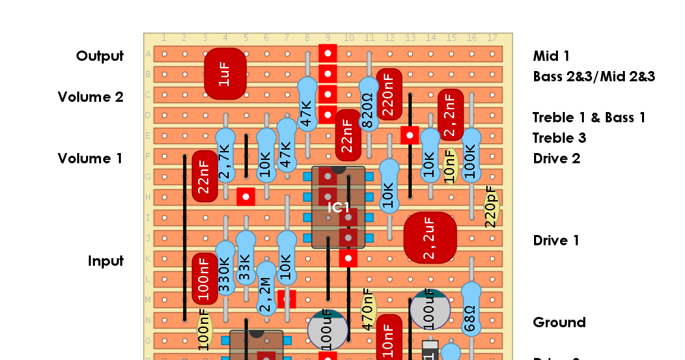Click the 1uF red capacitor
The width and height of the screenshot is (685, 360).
[225, 73]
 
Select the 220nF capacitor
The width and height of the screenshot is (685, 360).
[389, 94]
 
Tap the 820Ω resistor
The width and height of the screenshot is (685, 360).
[368, 109]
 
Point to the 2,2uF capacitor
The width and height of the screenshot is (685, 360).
[430, 237]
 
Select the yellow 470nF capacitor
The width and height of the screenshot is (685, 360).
[368, 309]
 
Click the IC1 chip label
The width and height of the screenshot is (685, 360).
[338, 207]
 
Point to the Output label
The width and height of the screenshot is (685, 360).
[100, 56]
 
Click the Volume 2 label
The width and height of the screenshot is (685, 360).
[90, 97]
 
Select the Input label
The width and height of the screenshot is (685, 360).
[105, 261]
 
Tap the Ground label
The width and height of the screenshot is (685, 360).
[559, 322]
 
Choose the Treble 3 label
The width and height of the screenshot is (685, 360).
[559, 138]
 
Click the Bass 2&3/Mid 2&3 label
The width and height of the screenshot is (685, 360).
[593, 77]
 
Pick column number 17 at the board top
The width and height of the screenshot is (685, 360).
[491, 38]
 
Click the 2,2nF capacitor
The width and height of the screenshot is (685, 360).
[450, 115]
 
